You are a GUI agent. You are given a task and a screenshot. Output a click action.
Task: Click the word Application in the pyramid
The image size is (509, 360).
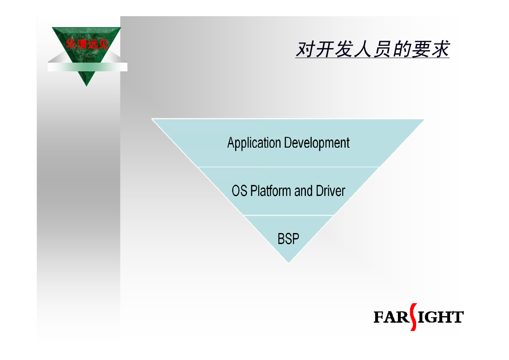point(254,143)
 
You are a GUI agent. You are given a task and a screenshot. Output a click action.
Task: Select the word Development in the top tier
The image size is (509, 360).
point(317,143)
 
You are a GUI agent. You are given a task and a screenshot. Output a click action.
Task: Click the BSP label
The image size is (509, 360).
point(288,238)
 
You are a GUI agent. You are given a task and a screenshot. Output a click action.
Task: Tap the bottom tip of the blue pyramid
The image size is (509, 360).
point(288,263)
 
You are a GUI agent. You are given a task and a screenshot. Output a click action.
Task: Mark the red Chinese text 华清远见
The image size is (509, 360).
point(87,44)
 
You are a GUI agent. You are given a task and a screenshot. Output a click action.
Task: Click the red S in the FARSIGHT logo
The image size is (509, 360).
point(413,317)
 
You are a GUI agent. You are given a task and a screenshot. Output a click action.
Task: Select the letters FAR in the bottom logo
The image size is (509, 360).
point(392,317)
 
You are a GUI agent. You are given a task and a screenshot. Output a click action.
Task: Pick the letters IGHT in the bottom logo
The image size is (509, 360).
point(440,317)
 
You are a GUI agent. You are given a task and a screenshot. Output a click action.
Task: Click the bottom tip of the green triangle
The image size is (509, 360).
point(86,86)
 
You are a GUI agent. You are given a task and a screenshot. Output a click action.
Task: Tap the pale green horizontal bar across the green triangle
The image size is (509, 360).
point(87,67)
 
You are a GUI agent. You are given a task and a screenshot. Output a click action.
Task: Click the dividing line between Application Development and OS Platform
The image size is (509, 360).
point(288,167)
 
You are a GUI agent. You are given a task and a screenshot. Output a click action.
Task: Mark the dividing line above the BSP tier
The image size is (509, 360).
point(288,215)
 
